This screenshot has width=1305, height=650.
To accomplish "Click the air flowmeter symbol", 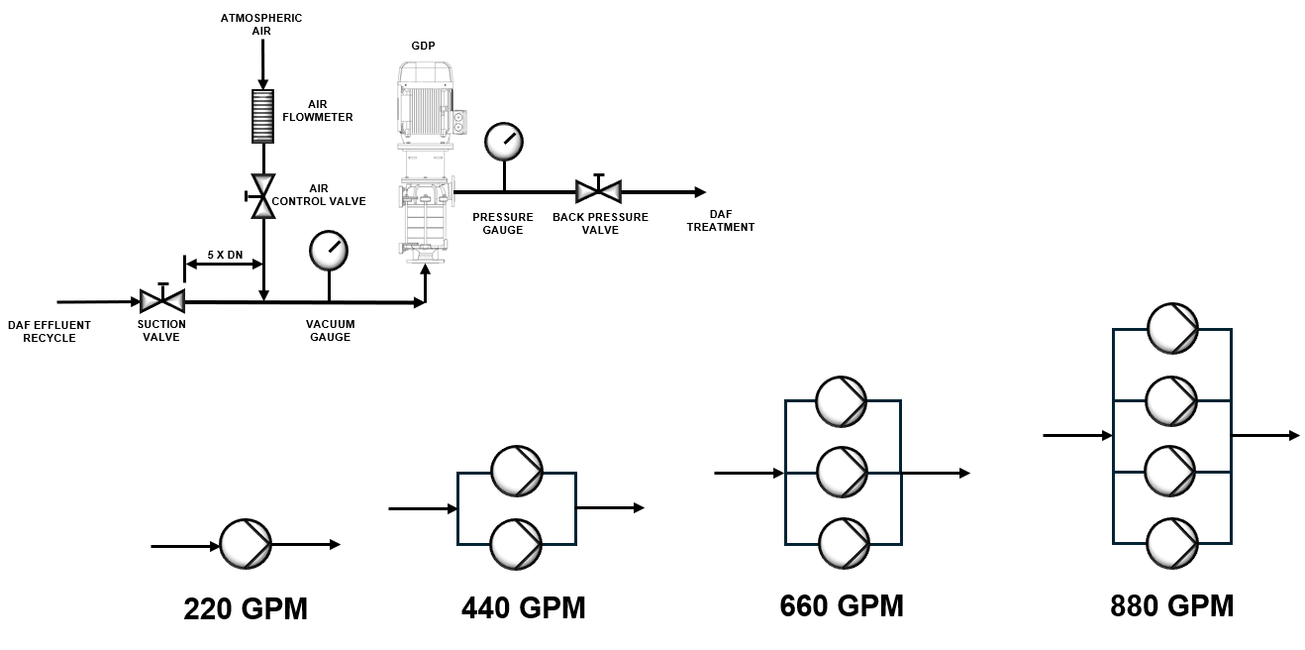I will point(262,116).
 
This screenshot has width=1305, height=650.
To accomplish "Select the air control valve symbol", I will point(262,195).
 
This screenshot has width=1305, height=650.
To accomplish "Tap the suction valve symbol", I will point(162,299).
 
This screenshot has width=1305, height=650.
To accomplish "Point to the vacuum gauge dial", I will point(329,251).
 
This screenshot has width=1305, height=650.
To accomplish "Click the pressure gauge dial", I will point(504,142).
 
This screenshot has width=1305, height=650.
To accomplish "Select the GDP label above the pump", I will point(423,46).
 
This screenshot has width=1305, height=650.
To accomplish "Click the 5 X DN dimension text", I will point(225,255).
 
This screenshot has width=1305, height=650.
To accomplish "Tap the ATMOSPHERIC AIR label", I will point(261,24).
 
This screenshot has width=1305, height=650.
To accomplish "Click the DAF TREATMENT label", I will point(720,221).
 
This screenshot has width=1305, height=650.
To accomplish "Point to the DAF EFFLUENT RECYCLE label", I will point(50,331).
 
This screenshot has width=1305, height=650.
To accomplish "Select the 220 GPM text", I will point(246,608).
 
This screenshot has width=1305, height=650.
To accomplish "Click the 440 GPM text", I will point(523,606).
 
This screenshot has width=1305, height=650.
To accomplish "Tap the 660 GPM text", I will point(842,604).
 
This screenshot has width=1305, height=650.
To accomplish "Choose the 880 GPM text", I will point(1172,604).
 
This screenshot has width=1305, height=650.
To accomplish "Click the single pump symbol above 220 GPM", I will point(245,544).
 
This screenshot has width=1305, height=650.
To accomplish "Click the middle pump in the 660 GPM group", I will point(842,473).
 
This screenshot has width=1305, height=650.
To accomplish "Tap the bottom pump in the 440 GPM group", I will point(517,544).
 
